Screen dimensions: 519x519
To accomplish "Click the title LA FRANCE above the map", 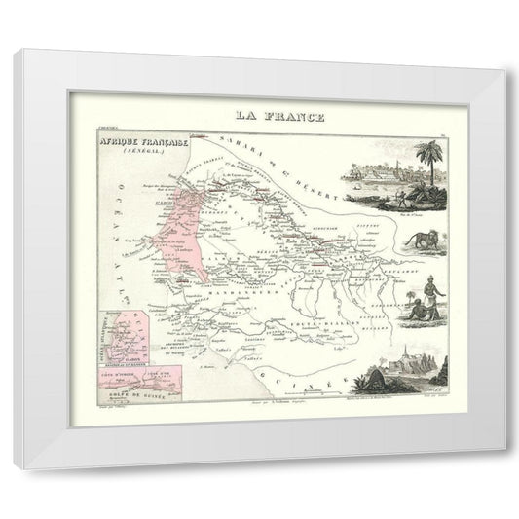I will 264,117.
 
